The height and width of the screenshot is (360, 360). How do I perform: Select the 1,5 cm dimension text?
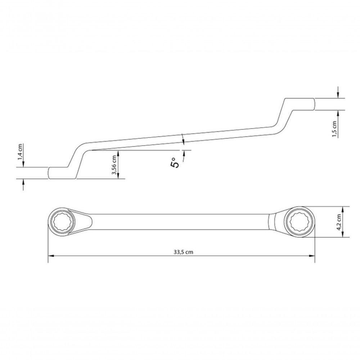[334, 129]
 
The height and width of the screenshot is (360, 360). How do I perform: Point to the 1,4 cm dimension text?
[21, 151]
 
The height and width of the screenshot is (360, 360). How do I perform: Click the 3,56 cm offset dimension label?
[114, 165]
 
